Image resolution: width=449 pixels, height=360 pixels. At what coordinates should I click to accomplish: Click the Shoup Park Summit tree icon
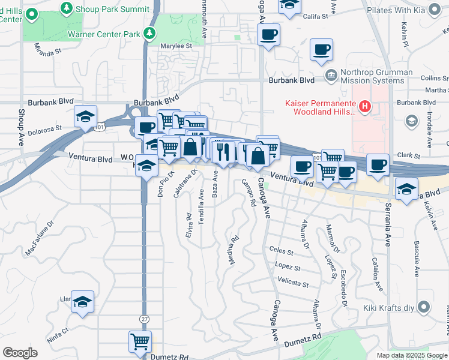(67, 8)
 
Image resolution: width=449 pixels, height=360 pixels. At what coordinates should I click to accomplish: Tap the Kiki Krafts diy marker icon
(424, 308)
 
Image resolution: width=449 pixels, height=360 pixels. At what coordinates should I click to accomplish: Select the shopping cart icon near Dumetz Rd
(140, 342)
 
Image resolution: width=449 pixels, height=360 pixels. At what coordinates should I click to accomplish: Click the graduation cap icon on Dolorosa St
(85, 116)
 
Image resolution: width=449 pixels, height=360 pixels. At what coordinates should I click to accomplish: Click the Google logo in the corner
(20, 353)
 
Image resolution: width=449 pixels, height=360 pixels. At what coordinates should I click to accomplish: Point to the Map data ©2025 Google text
(411, 355)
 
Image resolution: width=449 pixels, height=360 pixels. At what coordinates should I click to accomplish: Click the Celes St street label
(281, 251)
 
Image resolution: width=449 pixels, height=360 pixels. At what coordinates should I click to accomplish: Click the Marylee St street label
(176, 45)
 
